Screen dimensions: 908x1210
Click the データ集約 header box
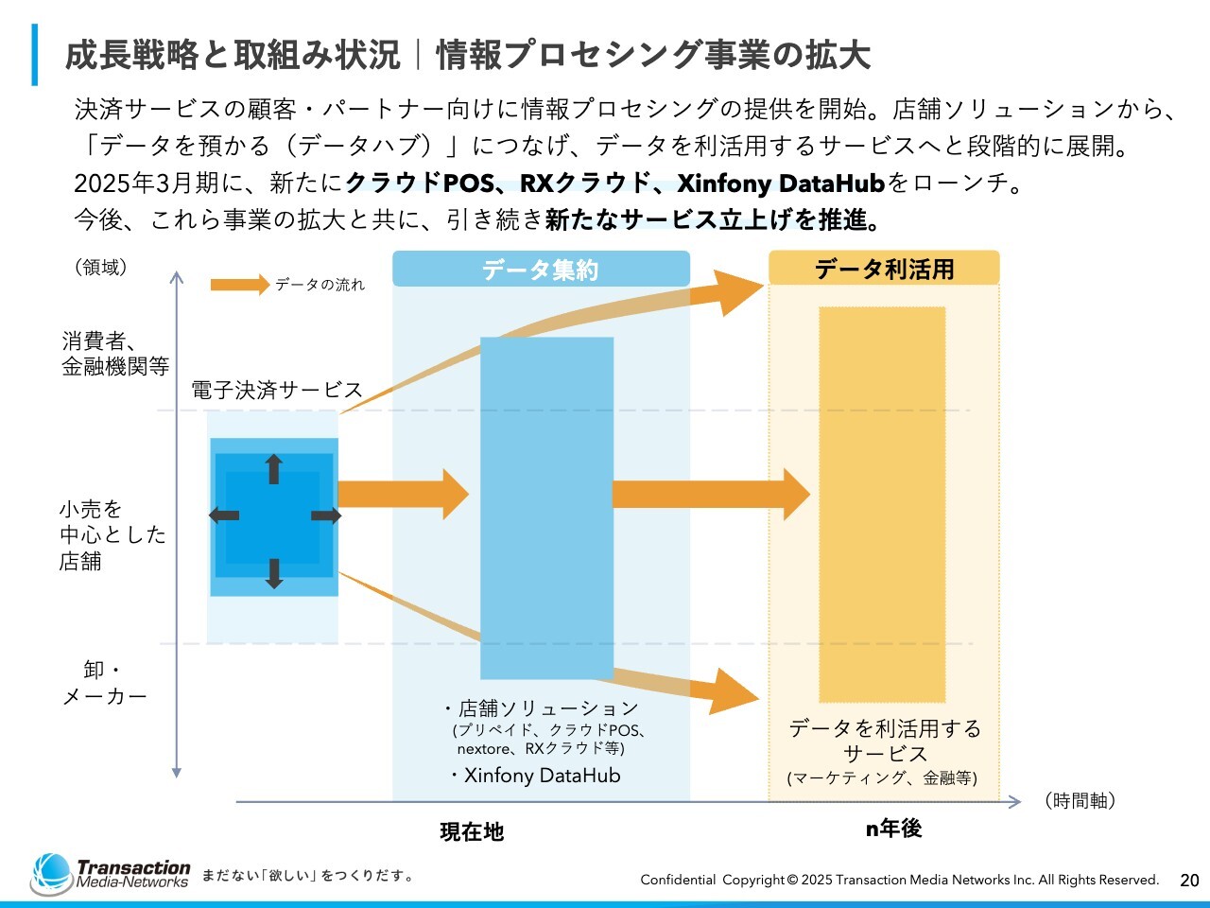pos(541,270)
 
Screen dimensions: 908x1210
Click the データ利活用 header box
pos(884,269)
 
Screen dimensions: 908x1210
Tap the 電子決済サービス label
pos(277,390)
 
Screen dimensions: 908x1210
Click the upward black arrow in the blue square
pos(274,469)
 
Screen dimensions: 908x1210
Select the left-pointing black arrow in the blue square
pos(224,515)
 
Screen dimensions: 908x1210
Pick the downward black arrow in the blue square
pos(274,573)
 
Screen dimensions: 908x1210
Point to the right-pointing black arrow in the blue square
pos(326,515)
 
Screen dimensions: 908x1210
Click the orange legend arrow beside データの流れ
pos(239,285)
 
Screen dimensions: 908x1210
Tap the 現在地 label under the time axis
pos(472,831)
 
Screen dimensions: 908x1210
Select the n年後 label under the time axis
pos(893,829)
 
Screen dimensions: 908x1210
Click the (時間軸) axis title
pos(1080,801)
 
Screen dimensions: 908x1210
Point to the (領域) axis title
pos(100,268)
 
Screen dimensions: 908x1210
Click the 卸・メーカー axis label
pos(104,683)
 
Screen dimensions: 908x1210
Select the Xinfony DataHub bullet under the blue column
pos(536,776)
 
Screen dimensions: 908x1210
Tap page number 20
pos(1189,880)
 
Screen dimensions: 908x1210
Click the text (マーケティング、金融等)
pos(882,778)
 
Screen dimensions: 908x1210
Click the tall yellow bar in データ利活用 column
pos(882,504)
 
